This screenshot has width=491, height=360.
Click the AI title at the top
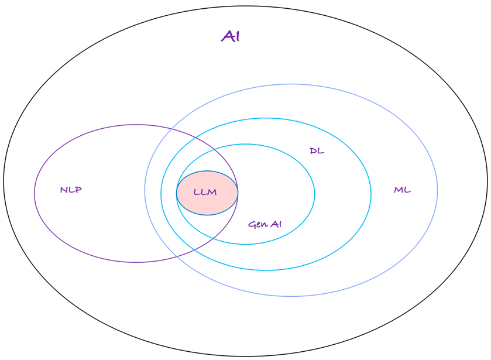[231, 36]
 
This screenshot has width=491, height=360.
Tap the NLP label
[71, 190]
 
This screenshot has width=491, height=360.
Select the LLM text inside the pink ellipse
[205, 193]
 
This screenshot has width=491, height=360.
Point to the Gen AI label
[265, 224]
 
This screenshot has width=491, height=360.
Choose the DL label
[317, 151]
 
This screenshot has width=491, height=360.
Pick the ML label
[402, 190]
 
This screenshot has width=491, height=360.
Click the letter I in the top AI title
[237, 36]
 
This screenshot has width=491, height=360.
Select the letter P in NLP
[78, 190]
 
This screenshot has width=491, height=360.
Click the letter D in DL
[313, 151]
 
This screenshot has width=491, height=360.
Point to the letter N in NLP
[63, 190]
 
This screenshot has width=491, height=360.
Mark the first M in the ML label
[398, 190]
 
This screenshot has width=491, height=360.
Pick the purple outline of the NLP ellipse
[35, 193]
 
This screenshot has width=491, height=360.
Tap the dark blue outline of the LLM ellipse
[207, 171]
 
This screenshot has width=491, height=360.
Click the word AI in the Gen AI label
[275, 224]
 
